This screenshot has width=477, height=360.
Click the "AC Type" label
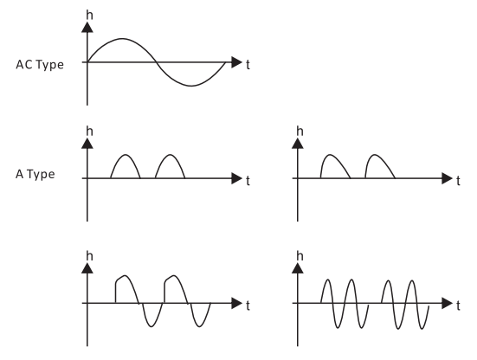click(x=40, y=65)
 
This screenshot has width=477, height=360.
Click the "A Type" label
click(x=35, y=175)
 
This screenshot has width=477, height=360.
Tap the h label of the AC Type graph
click(x=89, y=15)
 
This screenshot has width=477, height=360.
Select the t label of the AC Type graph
click(x=248, y=65)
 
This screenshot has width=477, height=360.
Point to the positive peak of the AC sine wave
click(x=122, y=39)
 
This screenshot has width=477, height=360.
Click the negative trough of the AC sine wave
click(x=191, y=86)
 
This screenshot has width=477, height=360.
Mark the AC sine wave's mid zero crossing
click(x=157, y=62)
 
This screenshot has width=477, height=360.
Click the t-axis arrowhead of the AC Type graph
click(x=236, y=62)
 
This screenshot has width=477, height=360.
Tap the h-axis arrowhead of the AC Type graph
click(x=87, y=28)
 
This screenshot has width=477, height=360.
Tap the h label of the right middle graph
click(x=300, y=131)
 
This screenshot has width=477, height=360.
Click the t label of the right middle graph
click(x=458, y=181)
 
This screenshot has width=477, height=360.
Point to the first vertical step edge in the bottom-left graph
click(x=116, y=292)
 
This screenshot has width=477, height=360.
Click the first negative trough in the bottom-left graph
click(x=151, y=327)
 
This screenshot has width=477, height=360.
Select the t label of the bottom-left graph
click(x=248, y=305)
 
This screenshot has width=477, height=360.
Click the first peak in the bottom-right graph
click(x=327, y=280)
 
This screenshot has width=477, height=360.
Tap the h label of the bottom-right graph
click(x=300, y=256)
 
